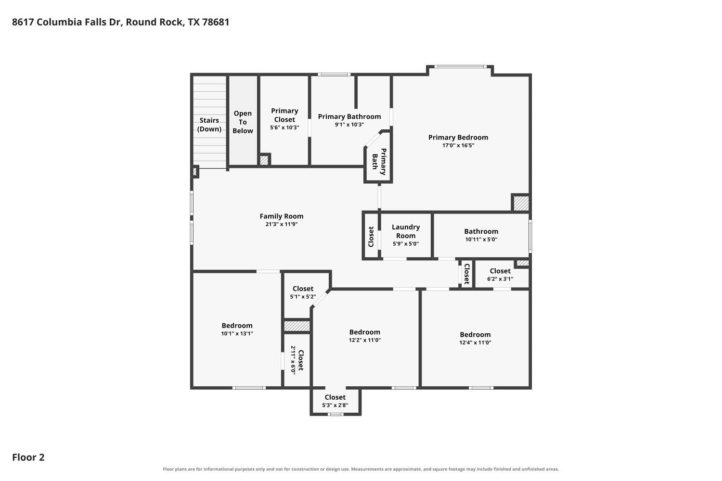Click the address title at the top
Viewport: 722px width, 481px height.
point(120,22)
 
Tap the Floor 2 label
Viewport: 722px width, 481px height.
point(28,457)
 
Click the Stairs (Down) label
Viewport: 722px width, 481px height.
point(209,125)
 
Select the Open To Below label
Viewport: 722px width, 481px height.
point(243,122)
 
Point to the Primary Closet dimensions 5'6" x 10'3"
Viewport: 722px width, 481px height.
point(284,127)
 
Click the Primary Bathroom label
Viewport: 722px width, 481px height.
point(349,116)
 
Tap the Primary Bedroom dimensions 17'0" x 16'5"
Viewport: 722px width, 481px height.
point(458,145)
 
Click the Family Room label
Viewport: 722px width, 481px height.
point(282,216)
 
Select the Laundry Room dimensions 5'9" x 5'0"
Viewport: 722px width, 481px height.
point(405,244)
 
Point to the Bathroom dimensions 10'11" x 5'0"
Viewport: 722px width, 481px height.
point(481,240)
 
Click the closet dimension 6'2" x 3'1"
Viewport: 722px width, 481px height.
point(500,279)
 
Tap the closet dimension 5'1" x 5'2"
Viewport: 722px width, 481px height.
point(303,297)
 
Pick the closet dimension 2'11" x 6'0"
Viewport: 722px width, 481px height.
point(293,360)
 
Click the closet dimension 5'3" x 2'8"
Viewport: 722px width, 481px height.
point(335,405)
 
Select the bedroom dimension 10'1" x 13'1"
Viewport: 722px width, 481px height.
point(237,333)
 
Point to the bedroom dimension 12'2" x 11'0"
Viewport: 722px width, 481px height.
point(365,340)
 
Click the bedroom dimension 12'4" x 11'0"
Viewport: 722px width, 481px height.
point(475,342)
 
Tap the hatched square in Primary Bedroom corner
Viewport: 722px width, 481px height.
point(521,203)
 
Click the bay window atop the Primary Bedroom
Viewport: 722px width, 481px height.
point(460,67)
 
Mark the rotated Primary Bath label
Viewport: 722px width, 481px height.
point(379,162)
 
